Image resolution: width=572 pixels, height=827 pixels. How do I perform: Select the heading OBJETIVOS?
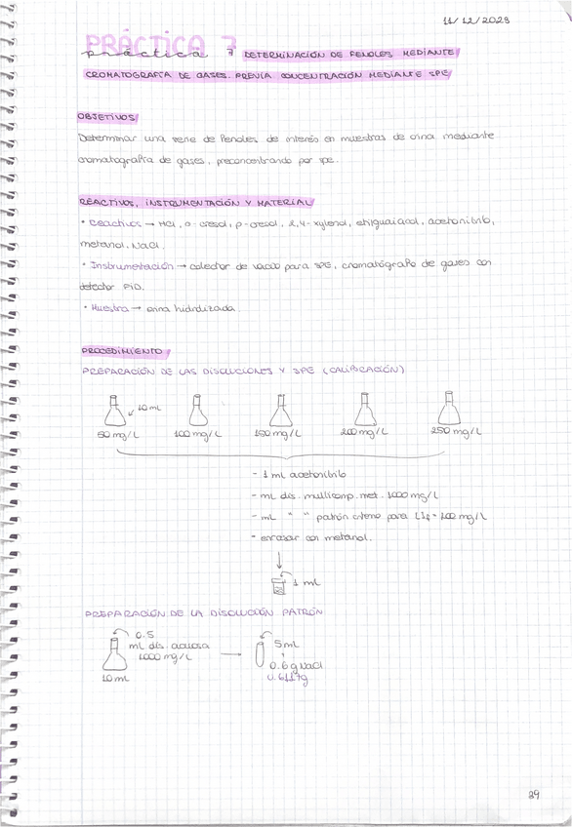108,117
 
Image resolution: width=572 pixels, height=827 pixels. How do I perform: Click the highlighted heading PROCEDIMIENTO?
123,350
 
